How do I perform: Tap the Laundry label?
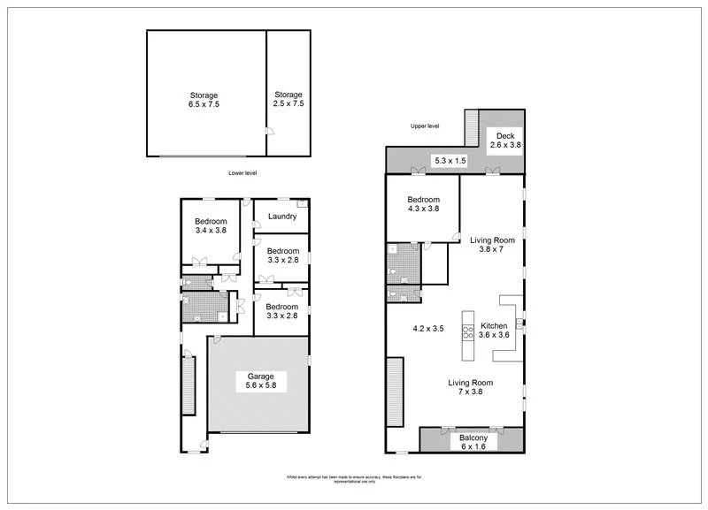tap(281, 216)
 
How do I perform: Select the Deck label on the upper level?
tap(505, 141)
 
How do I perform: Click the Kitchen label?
tap(494, 330)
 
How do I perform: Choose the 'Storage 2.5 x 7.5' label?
tap(289, 99)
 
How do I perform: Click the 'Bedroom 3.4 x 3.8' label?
tap(211, 225)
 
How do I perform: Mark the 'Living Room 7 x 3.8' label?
tap(470, 387)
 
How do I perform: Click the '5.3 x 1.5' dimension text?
tap(449, 160)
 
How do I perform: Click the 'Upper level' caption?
tap(425, 126)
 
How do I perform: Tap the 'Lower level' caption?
tap(242, 173)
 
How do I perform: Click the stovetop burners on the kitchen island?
tap(466, 333)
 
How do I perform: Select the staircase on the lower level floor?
tap(188, 383)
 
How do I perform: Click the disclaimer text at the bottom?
tap(353, 479)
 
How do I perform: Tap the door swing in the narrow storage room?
tap(270, 132)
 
